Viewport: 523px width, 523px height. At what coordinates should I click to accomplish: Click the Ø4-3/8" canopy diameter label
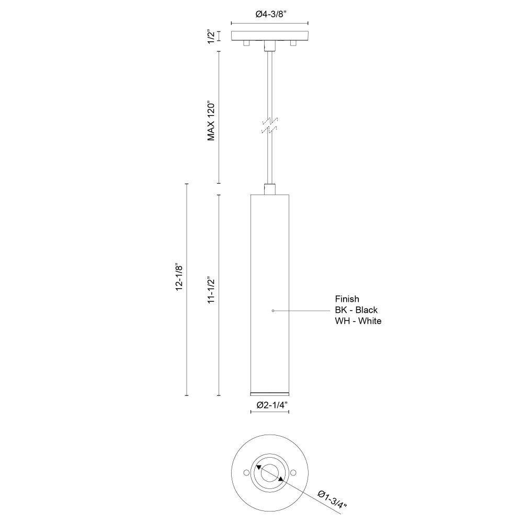[269, 14]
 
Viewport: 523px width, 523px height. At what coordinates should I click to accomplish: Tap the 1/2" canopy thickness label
[211, 37]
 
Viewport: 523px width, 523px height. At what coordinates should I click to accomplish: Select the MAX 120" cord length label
[211, 120]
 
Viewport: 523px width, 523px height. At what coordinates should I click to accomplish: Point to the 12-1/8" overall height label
[179, 278]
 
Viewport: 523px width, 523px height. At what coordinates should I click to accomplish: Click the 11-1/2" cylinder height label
[211, 290]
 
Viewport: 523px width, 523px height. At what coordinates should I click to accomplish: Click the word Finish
[347, 299]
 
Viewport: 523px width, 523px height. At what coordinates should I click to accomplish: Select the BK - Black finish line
[356, 310]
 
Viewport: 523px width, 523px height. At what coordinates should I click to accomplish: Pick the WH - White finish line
[358, 321]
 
